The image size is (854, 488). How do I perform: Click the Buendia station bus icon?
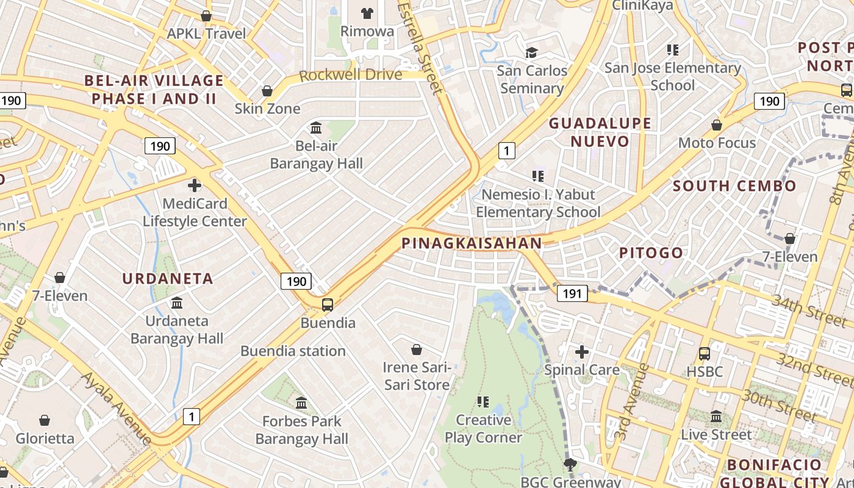point(328,304)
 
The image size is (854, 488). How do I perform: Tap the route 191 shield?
point(572,293)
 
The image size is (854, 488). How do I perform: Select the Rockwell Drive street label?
point(350,75)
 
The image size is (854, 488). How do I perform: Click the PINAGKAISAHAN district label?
point(472,243)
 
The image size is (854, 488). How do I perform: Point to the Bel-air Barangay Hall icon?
point(316,128)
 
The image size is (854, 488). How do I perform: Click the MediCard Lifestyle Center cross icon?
point(195,185)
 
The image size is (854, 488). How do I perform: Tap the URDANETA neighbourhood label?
point(168,279)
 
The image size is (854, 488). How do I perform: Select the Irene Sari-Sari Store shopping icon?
point(417,350)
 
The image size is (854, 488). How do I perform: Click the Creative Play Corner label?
point(483,429)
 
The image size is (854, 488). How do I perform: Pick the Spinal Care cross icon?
point(582,351)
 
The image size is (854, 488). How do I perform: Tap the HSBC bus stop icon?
point(704,353)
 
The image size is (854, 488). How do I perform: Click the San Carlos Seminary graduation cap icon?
point(532,52)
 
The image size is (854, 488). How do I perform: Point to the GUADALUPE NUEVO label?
point(600,132)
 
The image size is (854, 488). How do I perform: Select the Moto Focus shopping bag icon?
point(717,125)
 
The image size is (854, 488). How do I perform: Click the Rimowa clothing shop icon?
point(367,13)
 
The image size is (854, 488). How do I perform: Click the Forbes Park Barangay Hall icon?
point(301,403)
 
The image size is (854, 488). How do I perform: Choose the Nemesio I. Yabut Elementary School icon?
point(537,176)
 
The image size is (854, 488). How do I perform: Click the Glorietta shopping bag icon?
point(45,420)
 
